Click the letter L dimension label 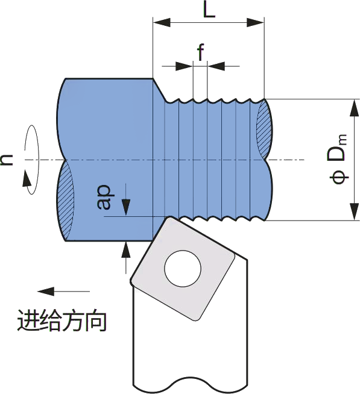click(x=209, y=10)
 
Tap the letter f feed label click(x=201, y=52)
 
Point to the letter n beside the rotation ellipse click(x=7, y=160)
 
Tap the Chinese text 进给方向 click(x=62, y=321)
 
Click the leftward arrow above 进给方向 click(x=63, y=292)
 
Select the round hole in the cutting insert click(x=183, y=268)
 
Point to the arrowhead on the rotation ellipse click(x=27, y=178)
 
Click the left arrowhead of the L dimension click(x=162, y=22)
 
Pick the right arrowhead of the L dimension click(x=255, y=22)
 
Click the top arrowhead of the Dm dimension click(x=354, y=108)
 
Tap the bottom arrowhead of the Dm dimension click(x=354, y=211)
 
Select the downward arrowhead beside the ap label click(x=126, y=207)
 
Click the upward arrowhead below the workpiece click(x=126, y=249)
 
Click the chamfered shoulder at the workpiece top click(x=159, y=90)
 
